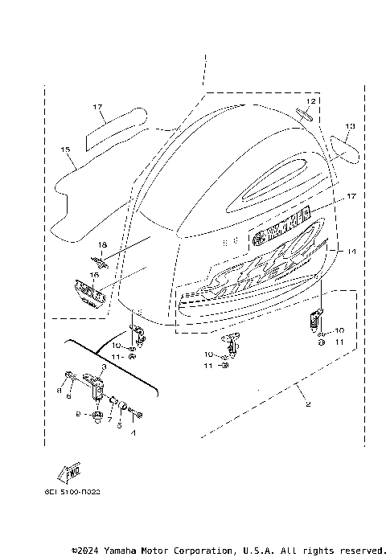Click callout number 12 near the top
pyautogui.click(x=310, y=100)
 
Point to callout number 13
pyautogui.click(x=350, y=126)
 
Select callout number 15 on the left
pyautogui.click(x=65, y=149)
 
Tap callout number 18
pyautogui.click(x=102, y=244)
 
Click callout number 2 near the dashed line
pyautogui.click(x=306, y=404)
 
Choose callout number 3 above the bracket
pyautogui.click(x=103, y=366)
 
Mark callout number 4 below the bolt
pyautogui.click(x=133, y=433)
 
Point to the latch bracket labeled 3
pyautogui.click(x=101, y=383)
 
